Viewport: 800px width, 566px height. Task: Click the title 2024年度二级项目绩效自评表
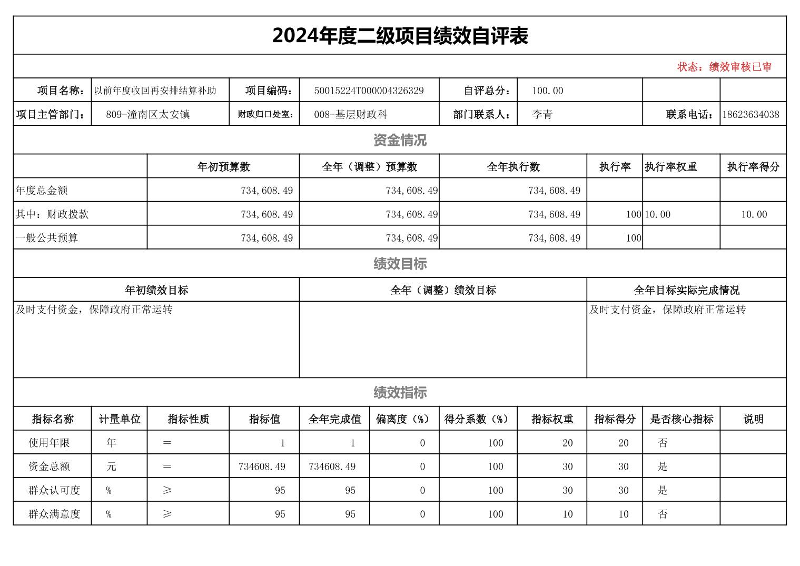(400, 36)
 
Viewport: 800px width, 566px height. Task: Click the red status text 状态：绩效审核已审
(724, 67)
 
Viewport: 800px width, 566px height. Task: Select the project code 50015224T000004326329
(369, 91)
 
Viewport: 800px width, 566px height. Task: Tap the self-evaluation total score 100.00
(547, 91)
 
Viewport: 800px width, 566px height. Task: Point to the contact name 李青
(542, 114)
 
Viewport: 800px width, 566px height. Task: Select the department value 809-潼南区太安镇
(147, 114)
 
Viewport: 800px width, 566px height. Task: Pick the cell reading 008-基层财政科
(350, 114)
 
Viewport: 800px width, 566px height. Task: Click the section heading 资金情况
(400, 140)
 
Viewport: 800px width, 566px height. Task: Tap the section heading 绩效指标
(400, 392)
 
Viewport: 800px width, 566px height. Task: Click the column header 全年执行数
(513, 167)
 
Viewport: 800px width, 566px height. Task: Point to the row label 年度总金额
(42, 191)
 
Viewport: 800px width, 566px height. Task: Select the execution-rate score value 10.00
(754, 214)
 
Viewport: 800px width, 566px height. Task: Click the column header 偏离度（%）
(404, 419)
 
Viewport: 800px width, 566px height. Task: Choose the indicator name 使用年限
(49, 443)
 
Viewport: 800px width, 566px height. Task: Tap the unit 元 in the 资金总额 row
(111, 466)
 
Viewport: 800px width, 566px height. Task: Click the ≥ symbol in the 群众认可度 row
(167, 490)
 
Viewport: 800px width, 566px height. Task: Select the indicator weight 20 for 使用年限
(567, 443)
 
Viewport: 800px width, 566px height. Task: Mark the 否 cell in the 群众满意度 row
(663, 514)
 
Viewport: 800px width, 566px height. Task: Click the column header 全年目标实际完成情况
(686, 290)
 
